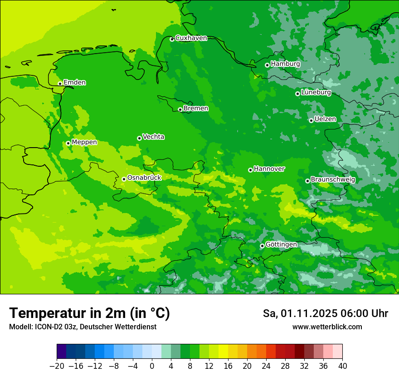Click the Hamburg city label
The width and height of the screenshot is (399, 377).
(x=285, y=64)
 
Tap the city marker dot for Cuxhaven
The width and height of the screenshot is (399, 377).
(x=172, y=39)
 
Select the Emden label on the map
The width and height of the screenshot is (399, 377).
(x=74, y=83)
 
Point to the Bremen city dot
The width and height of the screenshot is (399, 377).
(x=180, y=109)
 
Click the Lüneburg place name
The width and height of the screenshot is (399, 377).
(x=316, y=93)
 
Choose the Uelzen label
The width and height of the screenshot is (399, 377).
(x=325, y=119)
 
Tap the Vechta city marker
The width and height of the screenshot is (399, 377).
(x=139, y=138)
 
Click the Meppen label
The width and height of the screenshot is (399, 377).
(x=84, y=142)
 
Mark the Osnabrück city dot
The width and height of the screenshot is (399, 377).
(x=124, y=179)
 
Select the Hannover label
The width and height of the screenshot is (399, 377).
(x=269, y=169)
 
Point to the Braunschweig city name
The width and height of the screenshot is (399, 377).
(x=333, y=180)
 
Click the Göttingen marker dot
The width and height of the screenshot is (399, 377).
(x=262, y=246)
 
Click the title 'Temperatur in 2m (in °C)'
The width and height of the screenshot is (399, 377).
(x=89, y=313)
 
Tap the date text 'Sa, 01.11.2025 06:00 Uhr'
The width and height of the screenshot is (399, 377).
(x=325, y=313)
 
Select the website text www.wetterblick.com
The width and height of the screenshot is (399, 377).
(x=327, y=327)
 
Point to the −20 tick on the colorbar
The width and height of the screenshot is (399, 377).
(x=57, y=366)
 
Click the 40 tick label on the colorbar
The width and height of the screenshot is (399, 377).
(x=342, y=366)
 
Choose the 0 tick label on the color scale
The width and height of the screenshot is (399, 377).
(x=152, y=366)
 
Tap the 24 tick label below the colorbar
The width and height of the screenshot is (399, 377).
(x=266, y=366)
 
